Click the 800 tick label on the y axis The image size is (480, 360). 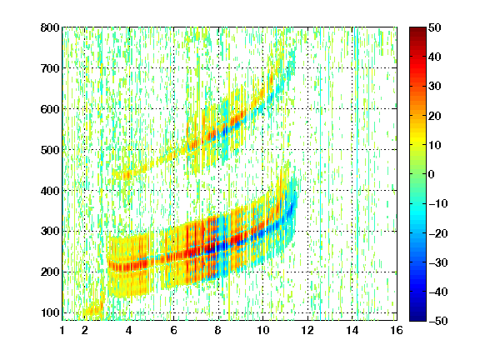point(50,27)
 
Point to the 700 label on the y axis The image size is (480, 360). point(50,68)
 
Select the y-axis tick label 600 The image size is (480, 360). point(50,109)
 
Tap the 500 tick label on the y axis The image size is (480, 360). point(50,150)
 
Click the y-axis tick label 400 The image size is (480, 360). point(50,191)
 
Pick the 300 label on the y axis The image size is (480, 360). point(50,231)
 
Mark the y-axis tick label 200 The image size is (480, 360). point(50,272)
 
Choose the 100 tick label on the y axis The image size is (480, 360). point(50,312)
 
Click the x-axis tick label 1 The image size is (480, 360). point(62,330)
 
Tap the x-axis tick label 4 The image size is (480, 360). point(129,330)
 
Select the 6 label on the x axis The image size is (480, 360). point(173,330)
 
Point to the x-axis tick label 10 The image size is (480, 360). point(262,330)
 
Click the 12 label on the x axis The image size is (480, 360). point(307,330)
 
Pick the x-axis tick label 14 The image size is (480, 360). point(352,330)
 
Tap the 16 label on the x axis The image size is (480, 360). point(397,330)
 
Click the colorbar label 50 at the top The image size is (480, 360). point(434,27)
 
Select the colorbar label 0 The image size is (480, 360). point(432,174)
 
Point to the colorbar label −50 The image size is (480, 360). point(438,321)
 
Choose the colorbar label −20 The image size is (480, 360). point(438,233)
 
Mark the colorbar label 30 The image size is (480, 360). point(434,86)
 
